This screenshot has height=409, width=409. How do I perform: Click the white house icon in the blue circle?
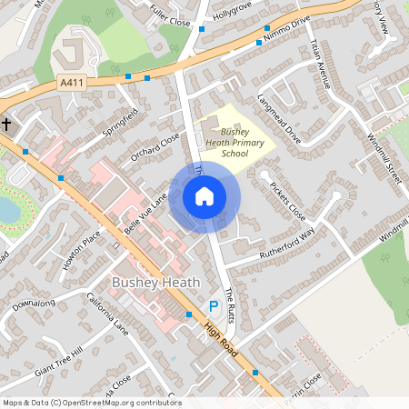click(x=204, y=195)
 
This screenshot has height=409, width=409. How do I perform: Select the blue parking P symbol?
click(x=214, y=307)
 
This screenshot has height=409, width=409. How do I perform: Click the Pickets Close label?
click(x=288, y=200)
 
